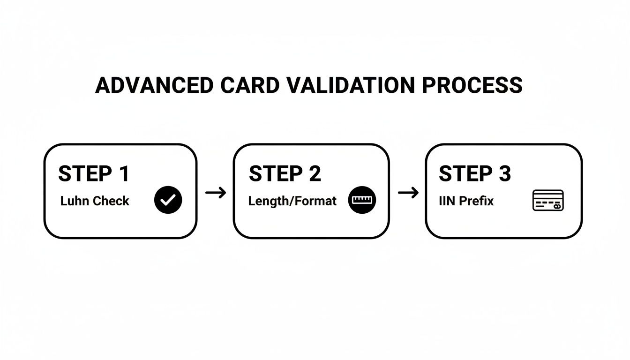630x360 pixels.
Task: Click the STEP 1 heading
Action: click(93, 174)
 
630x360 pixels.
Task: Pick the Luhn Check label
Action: click(95, 201)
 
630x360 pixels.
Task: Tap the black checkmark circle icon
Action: click(168, 200)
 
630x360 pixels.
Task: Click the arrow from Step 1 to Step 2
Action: click(216, 193)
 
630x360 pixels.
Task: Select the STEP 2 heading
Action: click(285, 174)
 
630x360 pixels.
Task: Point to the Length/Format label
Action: click(292, 201)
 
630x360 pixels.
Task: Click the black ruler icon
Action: click(362, 200)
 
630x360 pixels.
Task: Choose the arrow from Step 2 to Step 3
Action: click(408, 193)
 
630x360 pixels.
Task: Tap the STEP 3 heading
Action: click(474, 174)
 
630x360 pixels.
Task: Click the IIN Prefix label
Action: click(466, 201)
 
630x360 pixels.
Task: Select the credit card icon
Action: click(548, 200)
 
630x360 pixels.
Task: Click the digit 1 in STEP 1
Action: click(123, 174)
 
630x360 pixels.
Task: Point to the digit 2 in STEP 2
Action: click(315, 174)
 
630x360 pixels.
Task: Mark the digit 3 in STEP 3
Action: click(504, 174)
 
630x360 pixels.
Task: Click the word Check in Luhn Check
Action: click(111, 201)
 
